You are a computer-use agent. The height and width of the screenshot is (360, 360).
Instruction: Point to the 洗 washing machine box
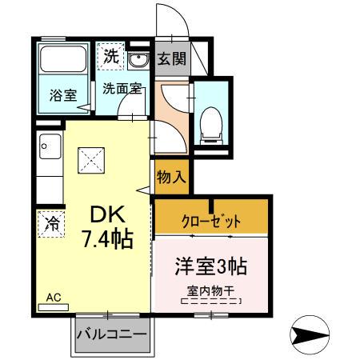coord(111,57)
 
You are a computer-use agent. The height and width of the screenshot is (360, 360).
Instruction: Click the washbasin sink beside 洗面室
coord(138,62)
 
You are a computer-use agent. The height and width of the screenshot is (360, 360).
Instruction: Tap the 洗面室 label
coord(122,89)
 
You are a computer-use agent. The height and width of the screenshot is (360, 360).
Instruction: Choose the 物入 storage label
coord(170,177)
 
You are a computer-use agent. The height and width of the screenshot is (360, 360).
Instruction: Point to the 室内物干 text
coord(211,290)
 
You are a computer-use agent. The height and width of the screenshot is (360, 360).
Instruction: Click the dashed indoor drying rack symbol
coord(211,302)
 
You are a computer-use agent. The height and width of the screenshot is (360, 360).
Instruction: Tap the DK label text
coord(106,214)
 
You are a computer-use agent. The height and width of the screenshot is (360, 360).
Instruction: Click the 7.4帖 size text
coord(106,238)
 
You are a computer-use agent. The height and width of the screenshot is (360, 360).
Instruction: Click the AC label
coord(53,297)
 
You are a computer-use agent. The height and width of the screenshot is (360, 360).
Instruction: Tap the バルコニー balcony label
coord(112,334)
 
